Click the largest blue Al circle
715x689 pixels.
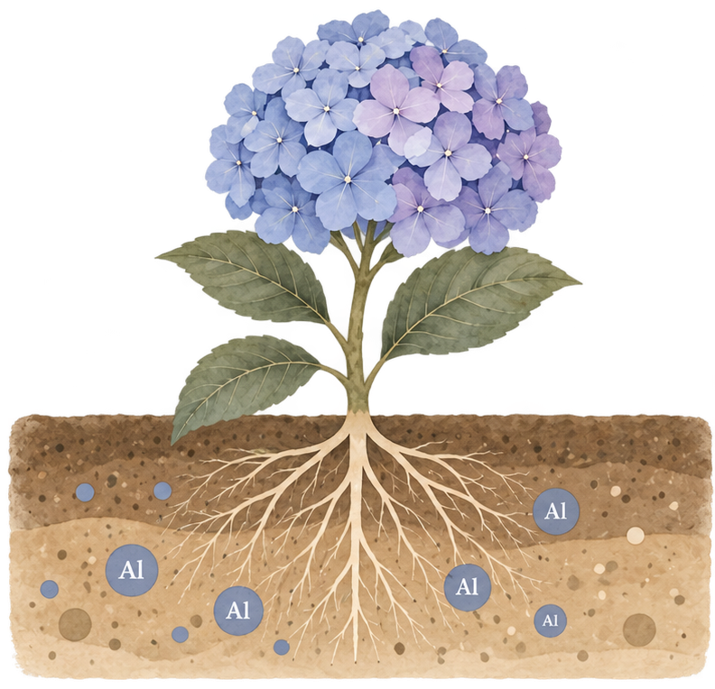pos(131,570)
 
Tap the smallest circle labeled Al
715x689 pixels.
pos(551,620)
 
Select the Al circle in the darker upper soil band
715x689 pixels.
pos(556,510)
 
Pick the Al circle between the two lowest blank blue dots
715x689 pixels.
pos(238,611)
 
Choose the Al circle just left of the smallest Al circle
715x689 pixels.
pos(467,587)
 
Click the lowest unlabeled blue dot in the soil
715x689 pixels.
pos(282,647)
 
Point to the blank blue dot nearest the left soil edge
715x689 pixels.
pos(50,589)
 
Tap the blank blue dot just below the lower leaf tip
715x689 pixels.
pos(162,491)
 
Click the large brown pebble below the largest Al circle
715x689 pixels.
pos(75,624)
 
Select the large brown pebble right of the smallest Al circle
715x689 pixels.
pos(639,629)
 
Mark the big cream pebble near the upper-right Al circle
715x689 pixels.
pos(636,536)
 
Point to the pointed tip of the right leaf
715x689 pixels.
pos(580,283)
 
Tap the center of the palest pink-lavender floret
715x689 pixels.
pos(395,111)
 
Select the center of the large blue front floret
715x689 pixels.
pos(348,179)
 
